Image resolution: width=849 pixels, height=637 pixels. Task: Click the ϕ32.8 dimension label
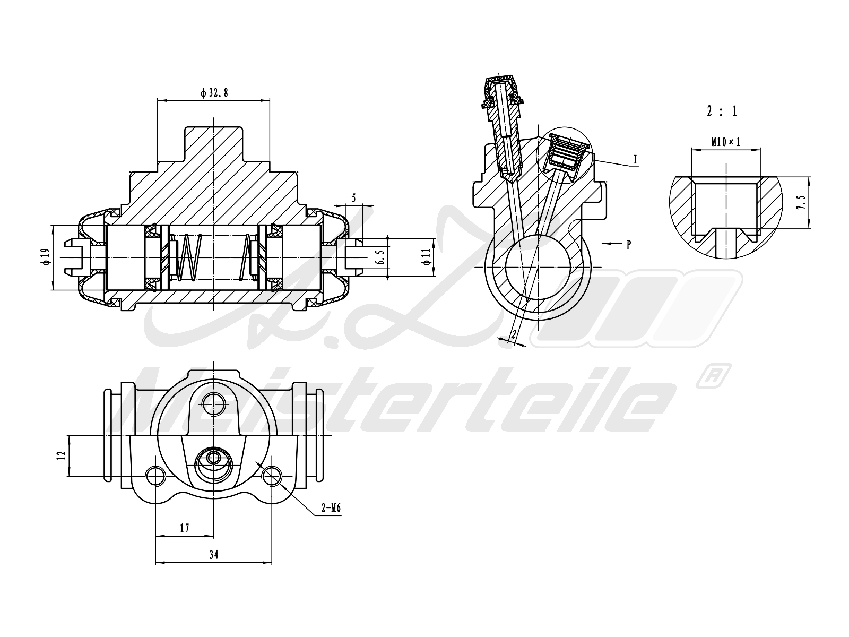(214, 93)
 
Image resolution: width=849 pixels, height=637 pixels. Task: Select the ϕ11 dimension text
(426, 257)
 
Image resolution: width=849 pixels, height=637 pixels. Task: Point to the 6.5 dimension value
(380, 257)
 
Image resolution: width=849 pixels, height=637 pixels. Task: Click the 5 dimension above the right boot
(354, 198)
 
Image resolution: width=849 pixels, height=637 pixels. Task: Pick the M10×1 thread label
(725, 142)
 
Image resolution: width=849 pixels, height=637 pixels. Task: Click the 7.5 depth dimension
(802, 203)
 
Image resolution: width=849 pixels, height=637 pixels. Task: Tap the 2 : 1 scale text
(722, 111)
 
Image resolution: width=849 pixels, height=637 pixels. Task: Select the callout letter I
(635, 159)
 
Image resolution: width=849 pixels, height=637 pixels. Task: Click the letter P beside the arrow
(628, 245)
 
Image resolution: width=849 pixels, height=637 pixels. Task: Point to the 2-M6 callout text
(330, 509)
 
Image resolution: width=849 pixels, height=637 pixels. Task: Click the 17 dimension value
(185, 528)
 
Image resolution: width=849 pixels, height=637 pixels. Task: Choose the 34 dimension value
(213, 555)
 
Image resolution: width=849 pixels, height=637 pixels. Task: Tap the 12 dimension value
(62, 455)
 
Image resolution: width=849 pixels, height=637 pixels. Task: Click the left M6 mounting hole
(155, 476)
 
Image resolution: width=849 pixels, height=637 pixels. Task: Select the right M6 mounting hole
(272, 476)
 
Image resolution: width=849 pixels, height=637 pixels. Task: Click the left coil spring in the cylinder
(188, 257)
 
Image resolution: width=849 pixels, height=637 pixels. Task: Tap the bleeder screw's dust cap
(500, 90)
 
